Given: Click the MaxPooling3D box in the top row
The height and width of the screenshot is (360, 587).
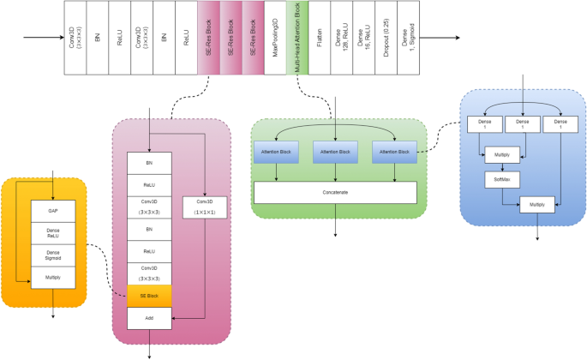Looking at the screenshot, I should pos(276,39).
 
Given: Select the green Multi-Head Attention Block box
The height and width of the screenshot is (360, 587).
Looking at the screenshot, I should pos(296,39).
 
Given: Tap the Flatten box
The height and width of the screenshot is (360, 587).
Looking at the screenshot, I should pos(319,39).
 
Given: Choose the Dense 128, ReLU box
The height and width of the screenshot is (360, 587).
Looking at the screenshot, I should pos(341,39).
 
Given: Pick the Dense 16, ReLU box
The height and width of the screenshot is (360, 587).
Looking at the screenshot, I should pos(363,39).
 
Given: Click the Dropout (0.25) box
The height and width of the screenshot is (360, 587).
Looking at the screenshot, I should pos(386,39).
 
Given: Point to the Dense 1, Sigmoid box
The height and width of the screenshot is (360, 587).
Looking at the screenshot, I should pos(408,39).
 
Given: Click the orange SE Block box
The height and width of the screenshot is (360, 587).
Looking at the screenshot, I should pos(149,297).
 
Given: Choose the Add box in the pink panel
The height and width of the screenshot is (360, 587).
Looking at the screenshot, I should pos(149,318).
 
